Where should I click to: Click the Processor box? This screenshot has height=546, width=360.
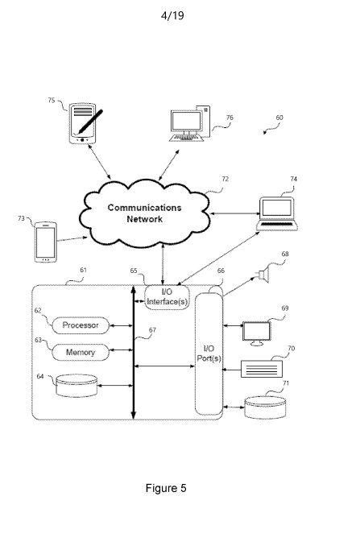coord(81,325)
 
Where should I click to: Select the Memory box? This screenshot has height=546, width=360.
coord(81,353)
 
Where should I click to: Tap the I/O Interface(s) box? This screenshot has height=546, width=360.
coord(168,297)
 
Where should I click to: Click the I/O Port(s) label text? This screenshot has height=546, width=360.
coord(209,354)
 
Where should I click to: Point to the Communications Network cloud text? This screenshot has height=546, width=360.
coord(144,213)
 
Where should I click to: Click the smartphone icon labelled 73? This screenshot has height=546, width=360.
coord(46,242)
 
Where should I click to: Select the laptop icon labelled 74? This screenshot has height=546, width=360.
coord(277,214)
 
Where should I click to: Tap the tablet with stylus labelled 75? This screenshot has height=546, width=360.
coord(85,123)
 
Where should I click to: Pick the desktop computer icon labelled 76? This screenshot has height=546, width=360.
coord(190,123)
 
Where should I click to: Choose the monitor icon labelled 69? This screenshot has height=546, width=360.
coord(257,333)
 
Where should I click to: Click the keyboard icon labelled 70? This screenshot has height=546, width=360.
coord(262,369)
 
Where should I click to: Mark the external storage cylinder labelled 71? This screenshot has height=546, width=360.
coord(265,407)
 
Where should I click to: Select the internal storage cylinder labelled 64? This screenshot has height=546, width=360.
coord(77,386)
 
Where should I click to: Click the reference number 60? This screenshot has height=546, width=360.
coord(279,118)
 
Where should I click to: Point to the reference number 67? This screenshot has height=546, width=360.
coord(152,329)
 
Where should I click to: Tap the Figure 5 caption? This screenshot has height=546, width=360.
coord(166,488)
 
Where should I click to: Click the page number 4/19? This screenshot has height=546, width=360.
coord(172,15)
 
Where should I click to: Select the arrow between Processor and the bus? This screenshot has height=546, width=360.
coord(121,326)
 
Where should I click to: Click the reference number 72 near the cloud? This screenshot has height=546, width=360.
coord(226,179)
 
